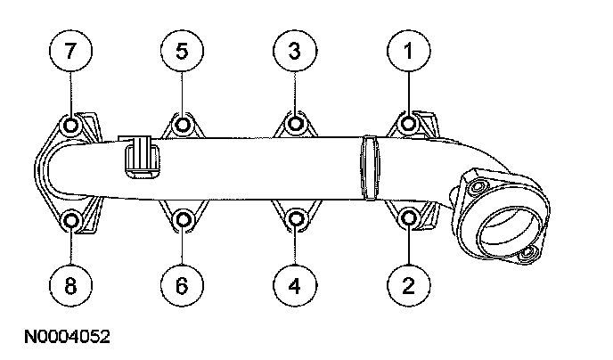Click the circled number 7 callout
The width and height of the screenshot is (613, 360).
[71, 53]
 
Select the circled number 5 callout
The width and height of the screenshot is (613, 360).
[182, 53]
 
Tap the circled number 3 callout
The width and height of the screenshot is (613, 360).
[295, 53]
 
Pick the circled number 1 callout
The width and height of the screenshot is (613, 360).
[408, 53]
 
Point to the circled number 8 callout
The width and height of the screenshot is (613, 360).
[71, 285]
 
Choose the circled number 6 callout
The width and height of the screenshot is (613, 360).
[182, 285]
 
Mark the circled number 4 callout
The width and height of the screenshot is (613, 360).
[295, 285]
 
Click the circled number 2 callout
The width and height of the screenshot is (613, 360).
[408, 285]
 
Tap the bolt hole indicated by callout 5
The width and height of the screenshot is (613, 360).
[183, 124]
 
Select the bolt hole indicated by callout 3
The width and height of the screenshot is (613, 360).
[296, 124]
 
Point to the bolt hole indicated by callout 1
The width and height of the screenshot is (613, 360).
[409, 123]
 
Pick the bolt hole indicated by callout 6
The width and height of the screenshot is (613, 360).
[183, 218]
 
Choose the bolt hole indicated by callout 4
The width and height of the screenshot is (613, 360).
[296, 218]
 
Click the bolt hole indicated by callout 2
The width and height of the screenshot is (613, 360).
[409, 217]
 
